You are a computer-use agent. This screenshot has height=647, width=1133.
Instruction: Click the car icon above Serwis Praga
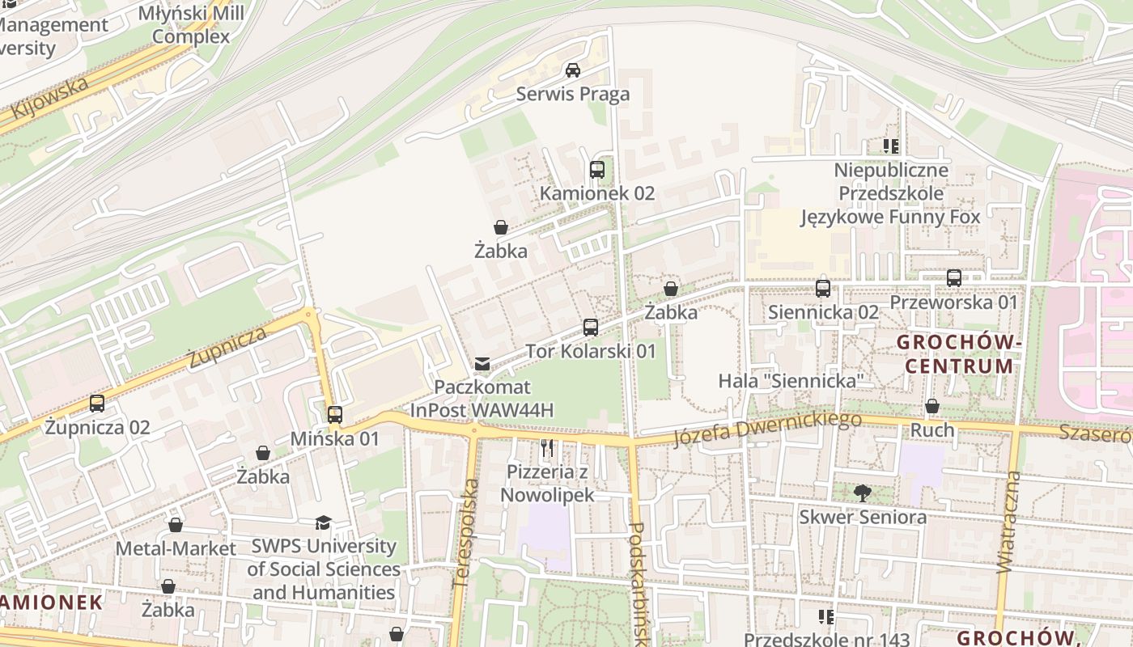(x=573, y=70)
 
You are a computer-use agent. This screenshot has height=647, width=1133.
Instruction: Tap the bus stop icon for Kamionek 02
(x=597, y=170)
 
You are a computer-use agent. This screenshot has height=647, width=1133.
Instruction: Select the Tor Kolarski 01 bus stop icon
(x=591, y=328)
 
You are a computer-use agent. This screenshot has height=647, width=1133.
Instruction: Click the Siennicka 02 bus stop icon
(x=823, y=288)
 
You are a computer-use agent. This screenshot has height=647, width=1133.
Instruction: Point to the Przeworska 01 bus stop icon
(x=954, y=278)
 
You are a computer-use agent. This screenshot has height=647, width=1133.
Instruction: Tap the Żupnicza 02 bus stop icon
(x=97, y=403)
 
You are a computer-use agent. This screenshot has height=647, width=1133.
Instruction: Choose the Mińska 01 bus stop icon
(x=335, y=415)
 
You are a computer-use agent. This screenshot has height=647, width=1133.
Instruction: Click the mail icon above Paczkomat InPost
(x=482, y=364)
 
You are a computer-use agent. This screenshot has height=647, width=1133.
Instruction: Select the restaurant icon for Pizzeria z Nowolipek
(x=548, y=448)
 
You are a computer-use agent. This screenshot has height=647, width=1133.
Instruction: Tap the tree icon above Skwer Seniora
(x=863, y=493)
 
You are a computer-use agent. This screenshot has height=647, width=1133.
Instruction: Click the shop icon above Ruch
(x=932, y=406)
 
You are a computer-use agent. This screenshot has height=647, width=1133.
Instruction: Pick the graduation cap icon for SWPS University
(x=323, y=523)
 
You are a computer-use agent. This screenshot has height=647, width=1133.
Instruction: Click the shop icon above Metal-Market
(x=176, y=525)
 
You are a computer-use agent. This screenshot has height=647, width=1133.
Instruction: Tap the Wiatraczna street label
(x=1011, y=522)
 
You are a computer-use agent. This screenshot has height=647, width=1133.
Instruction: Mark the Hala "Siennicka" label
(x=791, y=380)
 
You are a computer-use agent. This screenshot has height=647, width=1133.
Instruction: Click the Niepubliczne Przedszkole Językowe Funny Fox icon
(x=891, y=146)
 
